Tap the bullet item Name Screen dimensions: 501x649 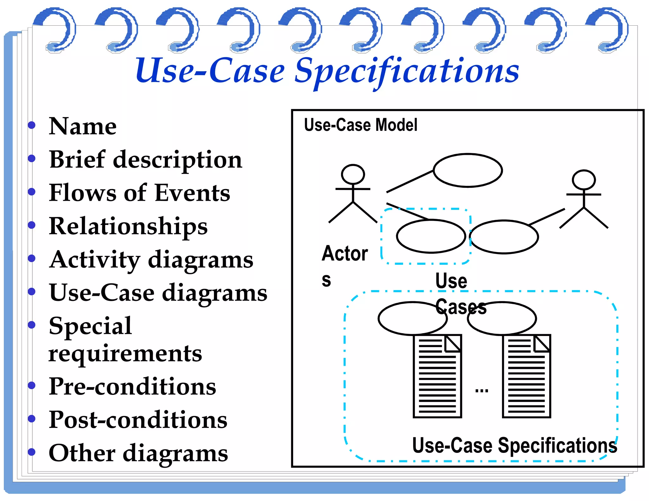click(x=83, y=126)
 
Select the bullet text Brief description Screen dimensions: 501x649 click(x=145, y=160)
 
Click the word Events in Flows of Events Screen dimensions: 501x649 click(x=192, y=193)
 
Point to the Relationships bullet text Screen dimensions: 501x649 click(x=128, y=226)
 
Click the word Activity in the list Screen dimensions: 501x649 click(x=94, y=260)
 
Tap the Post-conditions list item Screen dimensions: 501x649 click(x=138, y=420)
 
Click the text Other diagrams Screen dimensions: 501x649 click(x=138, y=453)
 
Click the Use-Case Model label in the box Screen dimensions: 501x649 click(x=360, y=125)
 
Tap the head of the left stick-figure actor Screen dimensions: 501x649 click(x=353, y=174)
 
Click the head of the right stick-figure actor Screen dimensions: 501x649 click(x=583, y=180)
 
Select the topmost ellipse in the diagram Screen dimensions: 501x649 click(x=467, y=170)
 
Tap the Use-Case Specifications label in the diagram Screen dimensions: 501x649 click(x=514, y=445)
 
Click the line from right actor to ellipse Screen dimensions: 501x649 click(x=547, y=217)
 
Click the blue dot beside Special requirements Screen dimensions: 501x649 click(x=31, y=325)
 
